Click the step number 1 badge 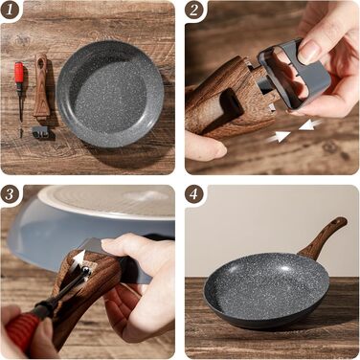(x=9, y=10)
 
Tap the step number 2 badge (x=193, y=10)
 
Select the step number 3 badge (x=9, y=193)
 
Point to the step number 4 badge (x=193, y=193)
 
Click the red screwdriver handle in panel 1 (x=19, y=72)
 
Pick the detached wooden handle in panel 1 (x=42, y=86)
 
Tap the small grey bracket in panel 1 (x=40, y=132)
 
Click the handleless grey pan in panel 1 (x=110, y=94)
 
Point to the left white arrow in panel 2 (x=279, y=137)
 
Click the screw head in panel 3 (x=85, y=271)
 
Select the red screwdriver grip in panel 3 (x=23, y=328)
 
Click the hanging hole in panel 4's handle (x=336, y=221)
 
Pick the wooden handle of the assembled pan (x=323, y=237)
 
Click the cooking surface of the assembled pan (x=266, y=290)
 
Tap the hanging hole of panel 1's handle (x=41, y=62)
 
